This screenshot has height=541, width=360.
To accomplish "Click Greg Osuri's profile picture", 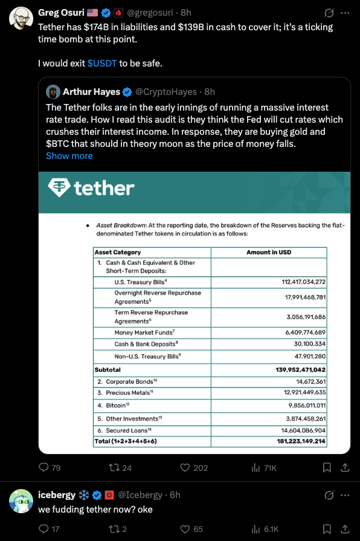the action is click(x=21, y=19).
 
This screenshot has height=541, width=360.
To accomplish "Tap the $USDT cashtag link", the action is click(x=101, y=63).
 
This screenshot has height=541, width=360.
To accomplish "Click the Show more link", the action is click(x=69, y=155).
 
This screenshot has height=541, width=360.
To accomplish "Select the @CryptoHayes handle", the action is click(x=166, y=92).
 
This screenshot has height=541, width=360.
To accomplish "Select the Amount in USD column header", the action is click(x=268, y=252).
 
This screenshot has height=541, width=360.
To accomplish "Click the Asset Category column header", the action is click(x=118, y=252).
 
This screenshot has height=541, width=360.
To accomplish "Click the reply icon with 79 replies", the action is click(x=43, y=467).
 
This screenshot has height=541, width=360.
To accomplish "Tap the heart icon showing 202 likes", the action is click(x=186, y=467).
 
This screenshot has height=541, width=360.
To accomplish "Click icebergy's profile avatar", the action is click(x=21, y=501).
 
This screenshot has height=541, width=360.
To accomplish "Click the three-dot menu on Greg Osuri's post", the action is click(x=345, y=12).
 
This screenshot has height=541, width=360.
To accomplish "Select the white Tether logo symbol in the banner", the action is click(x=60, y=188).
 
